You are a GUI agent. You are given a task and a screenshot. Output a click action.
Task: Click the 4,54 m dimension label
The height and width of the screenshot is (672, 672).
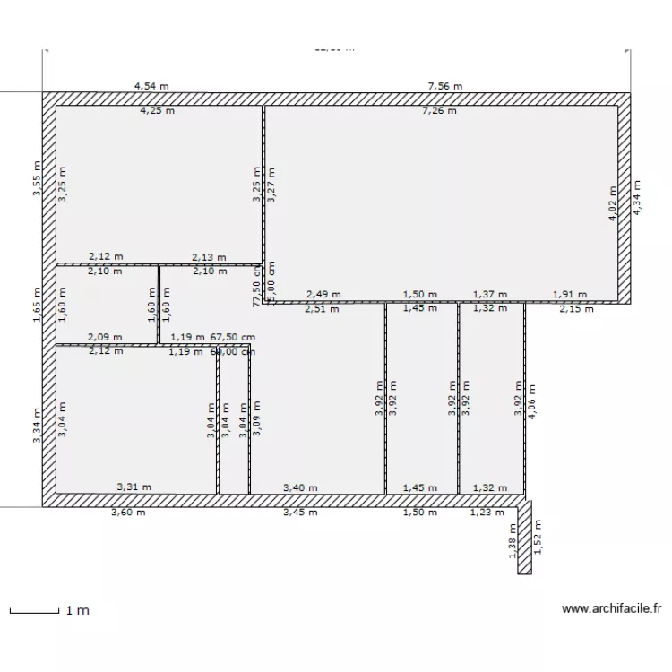pyautogui.click(x=151, y=86)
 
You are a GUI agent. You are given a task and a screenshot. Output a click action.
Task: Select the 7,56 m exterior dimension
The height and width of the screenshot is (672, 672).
pyautogui.click(x=444, y=86)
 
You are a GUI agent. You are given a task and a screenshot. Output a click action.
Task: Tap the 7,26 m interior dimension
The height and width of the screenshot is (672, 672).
pyautogui.click(x=440, y=111)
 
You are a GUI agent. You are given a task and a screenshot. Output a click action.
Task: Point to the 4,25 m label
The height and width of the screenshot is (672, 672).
pyautogui.click(x=157, y=111)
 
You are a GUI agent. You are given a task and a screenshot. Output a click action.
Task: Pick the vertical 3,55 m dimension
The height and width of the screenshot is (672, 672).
pyautogui.click(x=37, y=177)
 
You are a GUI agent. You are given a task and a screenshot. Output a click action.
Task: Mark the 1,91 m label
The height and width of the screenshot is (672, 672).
pyautogui.click(x=569, y=294)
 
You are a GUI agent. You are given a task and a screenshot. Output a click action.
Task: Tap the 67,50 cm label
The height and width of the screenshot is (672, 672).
pyautogui.click(x=233, y=337)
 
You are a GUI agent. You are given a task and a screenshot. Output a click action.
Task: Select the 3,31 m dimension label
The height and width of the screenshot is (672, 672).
pyautogui.click(x=134, y=487)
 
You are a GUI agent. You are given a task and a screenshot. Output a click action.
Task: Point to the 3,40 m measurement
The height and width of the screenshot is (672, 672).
pyautogui.click(x=300, y=487)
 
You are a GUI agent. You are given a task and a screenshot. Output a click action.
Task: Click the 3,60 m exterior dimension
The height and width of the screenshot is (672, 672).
pyautogui.click(x=127, y=513)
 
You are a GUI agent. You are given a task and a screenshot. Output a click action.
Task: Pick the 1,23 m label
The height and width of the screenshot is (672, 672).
pyautogui.click(x=487, y=513)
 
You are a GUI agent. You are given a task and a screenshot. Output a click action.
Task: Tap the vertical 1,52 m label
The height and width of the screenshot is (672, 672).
pyautogui.click(x=538, y=538)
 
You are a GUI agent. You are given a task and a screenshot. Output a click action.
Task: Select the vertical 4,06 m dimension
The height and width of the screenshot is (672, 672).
pyautogui.click(x=532, y=401)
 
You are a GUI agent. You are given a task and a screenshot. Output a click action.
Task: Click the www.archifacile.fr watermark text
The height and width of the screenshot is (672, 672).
pyautogui.click(x=611, y=608)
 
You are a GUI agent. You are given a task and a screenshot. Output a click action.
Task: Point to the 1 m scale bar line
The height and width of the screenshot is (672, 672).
pyautogui.click(x=34, y=612)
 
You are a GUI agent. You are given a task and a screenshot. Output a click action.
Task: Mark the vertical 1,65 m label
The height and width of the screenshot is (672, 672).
pyautogui.click(x=37, y=304)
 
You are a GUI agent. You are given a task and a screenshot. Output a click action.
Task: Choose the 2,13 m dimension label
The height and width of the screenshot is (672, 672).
pyautogui.click(x=209, y=257)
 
